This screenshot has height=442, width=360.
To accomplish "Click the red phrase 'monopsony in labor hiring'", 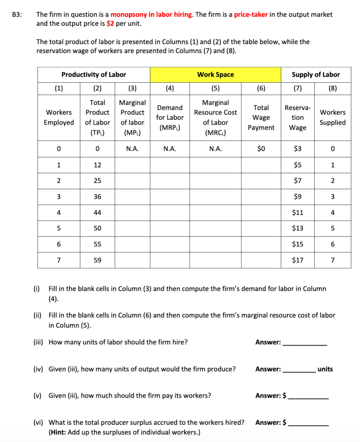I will pos(151,15).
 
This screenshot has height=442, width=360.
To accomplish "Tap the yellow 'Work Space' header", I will pos(215,74).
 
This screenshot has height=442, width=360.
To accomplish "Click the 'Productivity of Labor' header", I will pos(94,74).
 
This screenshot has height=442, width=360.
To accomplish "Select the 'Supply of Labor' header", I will pos(316,74).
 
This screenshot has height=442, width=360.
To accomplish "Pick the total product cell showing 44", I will pos(97,213).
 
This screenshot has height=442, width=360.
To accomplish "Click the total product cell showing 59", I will pos(97,260).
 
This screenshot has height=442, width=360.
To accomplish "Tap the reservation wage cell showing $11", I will pos(298,213).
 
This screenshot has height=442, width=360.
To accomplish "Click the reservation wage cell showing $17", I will pos(298,260).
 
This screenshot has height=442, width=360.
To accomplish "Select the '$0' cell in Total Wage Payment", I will pos(261,149).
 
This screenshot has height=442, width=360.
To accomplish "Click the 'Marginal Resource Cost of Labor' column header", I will pos(215,117).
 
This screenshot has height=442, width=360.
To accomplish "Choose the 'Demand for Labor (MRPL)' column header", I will pos(170,117).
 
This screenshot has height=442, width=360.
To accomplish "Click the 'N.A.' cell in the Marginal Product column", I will pos(132,149).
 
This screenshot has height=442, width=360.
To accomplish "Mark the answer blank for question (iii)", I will pos(305,343).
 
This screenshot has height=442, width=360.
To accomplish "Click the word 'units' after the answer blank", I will pos(325,369).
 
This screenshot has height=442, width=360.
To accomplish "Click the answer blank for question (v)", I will pos(308,396).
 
